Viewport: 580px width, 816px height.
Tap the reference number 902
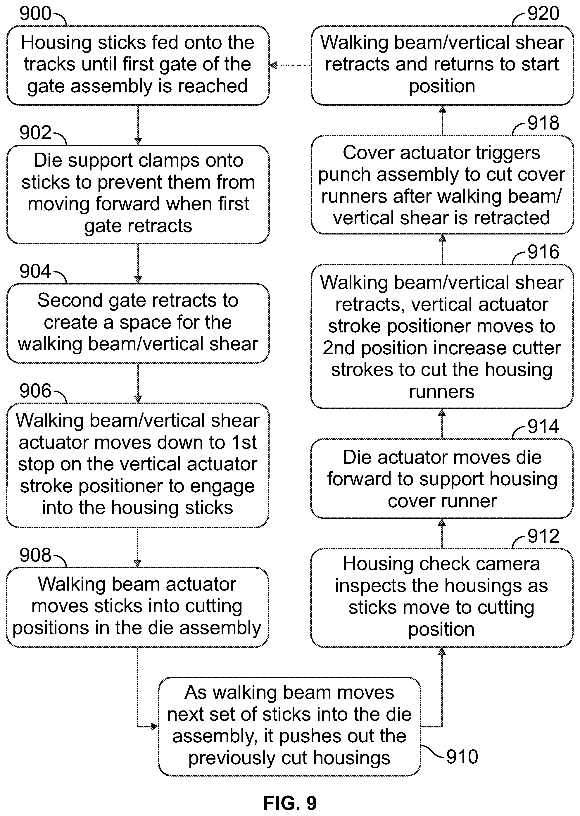click(35, 133)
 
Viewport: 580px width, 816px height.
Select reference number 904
click(35, 271)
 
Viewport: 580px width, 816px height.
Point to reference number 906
click(35, 391)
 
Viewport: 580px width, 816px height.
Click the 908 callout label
click(35, 555)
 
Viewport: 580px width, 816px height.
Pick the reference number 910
click(462, 757)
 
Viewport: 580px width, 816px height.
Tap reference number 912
click(543, 536)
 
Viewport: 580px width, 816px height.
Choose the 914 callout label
click(543, 426)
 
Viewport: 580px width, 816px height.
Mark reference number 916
click(543, 252)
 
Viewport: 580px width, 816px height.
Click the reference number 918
click(543, 123)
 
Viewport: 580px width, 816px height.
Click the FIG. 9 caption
click(290, 803)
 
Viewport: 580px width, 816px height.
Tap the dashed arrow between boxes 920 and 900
click(290, 65)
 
